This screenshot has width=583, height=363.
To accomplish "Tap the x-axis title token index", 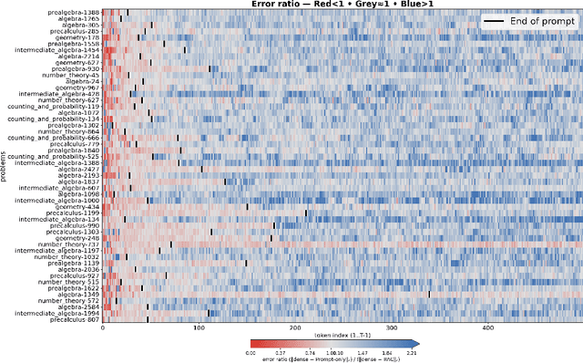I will point(341,337).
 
